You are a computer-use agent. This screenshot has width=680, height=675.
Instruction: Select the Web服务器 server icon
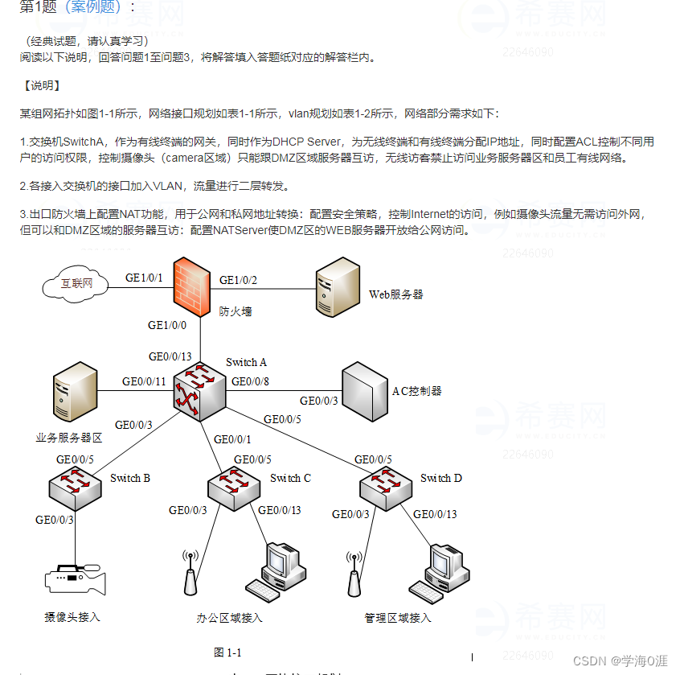[337, 286]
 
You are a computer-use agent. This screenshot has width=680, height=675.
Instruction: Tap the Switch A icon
[199, 392]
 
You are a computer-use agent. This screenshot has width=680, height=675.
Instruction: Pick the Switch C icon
[235, 485]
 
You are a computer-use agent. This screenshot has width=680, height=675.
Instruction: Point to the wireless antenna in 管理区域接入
[352, 574]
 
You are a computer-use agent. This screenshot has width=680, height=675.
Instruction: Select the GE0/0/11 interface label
[144, 381]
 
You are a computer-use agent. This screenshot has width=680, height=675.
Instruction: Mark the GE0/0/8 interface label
[250, 381]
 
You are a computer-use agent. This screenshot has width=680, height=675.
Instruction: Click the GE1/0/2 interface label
[239, 280]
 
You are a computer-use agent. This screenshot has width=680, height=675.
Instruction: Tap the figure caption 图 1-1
[227, 652]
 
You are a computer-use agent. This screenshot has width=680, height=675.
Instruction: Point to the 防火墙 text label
[235, 311]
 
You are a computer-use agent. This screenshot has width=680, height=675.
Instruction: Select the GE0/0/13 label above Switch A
[170, 356]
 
